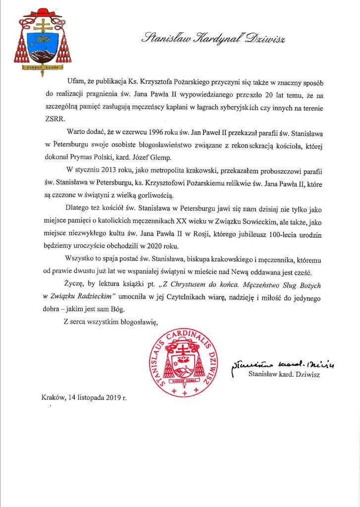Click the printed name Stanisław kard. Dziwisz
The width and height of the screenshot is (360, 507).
284,375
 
